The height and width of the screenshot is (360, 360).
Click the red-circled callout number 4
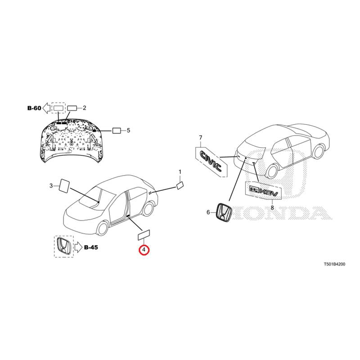point(144,250)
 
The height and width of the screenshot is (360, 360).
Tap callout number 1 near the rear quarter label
point(180,172)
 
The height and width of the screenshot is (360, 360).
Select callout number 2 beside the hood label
point(84,108)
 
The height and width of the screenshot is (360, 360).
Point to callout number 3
point(51,185)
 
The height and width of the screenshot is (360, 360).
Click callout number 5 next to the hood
point(128,130)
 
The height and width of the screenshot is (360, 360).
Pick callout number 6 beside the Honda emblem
point(208,212)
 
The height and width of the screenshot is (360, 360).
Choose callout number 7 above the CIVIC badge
point(200,138)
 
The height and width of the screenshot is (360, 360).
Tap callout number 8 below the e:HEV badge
point(272,208)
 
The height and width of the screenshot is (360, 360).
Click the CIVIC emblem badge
point(211,161)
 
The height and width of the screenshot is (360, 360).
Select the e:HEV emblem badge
point(263,191)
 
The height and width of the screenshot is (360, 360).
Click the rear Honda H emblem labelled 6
point(224,212)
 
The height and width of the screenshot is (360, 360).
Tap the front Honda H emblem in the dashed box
point(64,246)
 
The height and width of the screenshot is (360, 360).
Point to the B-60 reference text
point(34,108)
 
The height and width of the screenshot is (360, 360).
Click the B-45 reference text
point(91,247)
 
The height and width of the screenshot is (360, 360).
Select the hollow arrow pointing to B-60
point(47,108)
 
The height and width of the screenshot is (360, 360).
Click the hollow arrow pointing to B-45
point(78,247)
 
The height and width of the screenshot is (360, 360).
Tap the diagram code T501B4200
point(334,264)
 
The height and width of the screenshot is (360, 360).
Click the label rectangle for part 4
point(144,235)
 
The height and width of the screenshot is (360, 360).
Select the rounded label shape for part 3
point(64,185)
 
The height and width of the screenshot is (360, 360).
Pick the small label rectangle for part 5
point(117,130)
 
